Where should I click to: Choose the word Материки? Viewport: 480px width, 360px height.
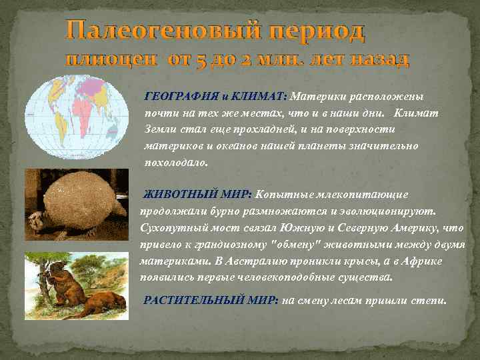click(315, 96)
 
